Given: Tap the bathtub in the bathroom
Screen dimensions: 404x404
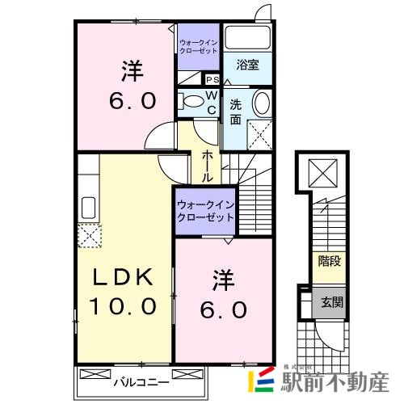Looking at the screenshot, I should click(247, 39).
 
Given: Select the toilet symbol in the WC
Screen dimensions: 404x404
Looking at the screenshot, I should click(192, 102).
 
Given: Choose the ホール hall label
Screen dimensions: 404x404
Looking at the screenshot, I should click(208, 165).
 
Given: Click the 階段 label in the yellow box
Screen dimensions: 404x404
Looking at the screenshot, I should click(328, 261).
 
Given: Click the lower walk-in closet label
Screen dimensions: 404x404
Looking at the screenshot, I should click(205, 212).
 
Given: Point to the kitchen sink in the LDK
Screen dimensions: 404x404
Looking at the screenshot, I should click(88, 208).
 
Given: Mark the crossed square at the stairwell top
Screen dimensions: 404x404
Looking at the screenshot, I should click(322, 170).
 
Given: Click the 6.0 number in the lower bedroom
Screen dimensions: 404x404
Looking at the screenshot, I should click(224, 309).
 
